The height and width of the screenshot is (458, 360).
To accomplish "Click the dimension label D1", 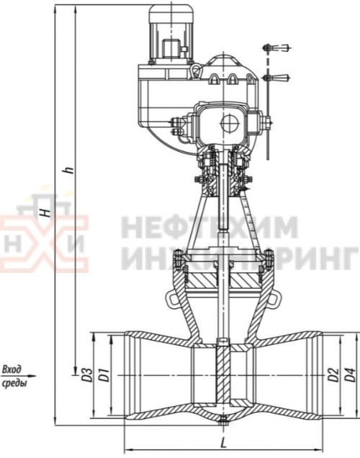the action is [105, 375].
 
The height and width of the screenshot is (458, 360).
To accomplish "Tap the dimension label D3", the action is [88, 375].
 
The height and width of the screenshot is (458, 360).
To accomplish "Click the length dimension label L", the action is [223, 444].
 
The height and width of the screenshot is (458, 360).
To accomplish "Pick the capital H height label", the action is [45, 212].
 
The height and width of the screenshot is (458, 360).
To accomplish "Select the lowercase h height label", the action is [69, 171].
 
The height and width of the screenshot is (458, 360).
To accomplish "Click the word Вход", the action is [12, 369].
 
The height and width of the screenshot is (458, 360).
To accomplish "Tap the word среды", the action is [14, 383].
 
